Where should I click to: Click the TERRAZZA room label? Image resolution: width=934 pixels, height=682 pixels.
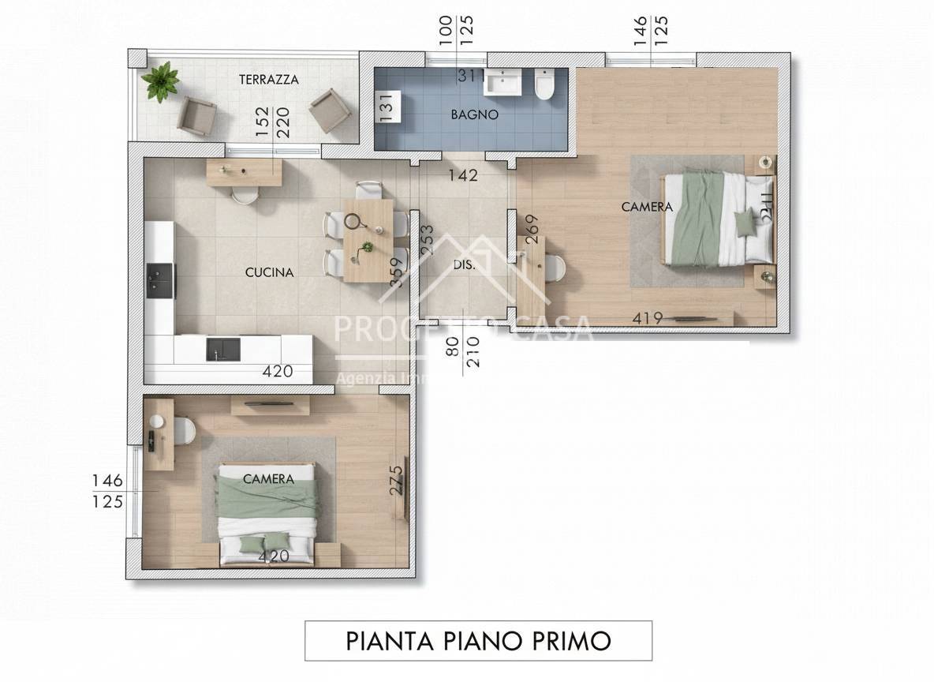click(269, 80)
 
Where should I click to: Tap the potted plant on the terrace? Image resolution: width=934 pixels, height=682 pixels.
click(161, 81)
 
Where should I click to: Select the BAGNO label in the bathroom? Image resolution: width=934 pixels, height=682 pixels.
click(474, 114)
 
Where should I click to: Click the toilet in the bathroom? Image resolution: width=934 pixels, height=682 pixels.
click(544, 84)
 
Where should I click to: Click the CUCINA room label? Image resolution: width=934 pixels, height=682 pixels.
click(269, 272)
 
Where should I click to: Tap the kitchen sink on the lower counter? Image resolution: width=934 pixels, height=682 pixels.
click(223, 349)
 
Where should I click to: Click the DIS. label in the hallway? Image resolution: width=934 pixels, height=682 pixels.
click(464, 265)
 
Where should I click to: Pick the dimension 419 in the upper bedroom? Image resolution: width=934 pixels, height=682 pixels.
click(647, 318)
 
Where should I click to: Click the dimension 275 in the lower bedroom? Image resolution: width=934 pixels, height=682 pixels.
click(396, 480)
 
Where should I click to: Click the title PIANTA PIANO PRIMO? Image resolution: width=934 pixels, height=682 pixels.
click(478, 640)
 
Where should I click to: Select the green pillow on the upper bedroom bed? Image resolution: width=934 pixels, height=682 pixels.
click(744, 223)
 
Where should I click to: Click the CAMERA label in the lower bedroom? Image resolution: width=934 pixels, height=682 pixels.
click(268, 478)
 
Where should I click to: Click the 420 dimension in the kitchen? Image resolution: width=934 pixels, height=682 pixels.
click(278, 371)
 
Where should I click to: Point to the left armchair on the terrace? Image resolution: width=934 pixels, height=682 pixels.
click(196, 116)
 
